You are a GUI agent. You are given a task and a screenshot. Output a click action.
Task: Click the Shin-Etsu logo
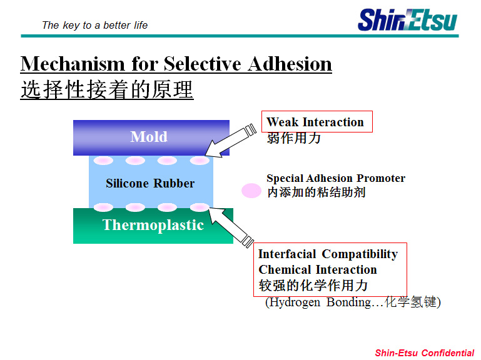pyautogui.click(x=407, y=20)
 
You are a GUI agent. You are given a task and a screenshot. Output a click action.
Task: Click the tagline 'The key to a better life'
pyautogui.click(x=95, y=25)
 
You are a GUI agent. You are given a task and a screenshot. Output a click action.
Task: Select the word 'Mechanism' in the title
pyautogui.click(x=73, y=64)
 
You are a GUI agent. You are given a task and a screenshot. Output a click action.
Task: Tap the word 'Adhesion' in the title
pyautogui.click(x=290, y=64)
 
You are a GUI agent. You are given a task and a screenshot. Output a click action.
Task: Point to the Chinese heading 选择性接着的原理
pyautogui.click(x=107, y=89)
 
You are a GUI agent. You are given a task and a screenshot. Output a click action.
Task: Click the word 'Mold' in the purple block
pyautogui.click(x=149, y=137)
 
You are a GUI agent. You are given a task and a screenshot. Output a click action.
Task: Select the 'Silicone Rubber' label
pyautogui.click(x=150, y=183)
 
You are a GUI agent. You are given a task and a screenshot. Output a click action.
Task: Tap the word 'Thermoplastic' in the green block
pyautogui.click(x=153, y=225)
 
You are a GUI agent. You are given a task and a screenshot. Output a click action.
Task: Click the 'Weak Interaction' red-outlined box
pyautogui.click(x=317, y=122)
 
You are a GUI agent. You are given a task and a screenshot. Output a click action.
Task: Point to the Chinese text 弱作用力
pyautogui.click(x=293, y=138)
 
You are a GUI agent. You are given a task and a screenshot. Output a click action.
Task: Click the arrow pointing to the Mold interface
pyautogui.click(x=230, y=141)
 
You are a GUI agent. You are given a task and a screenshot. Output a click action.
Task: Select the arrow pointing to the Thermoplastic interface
pyautogui.click(x=231, y=227)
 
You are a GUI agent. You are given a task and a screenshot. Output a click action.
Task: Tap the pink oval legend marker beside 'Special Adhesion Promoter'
pyautogui.click(x=251, y=191)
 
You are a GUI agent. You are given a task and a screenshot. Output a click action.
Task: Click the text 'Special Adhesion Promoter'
pyautogui.click(x=336, y=178)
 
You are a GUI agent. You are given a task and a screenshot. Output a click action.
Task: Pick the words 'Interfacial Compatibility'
pyautogui.click(x=328, y=254)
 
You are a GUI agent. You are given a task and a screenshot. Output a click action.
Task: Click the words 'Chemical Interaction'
pyautogui.click(x=318, y=269)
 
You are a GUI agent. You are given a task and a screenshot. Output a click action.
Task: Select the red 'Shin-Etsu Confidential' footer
pyautogui.click(x=425, y=353)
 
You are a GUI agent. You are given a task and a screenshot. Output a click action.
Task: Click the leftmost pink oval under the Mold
pyautogui.click(x=103, y=161)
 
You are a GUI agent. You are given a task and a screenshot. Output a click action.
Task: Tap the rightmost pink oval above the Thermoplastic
pyautogui.click(x=200, y=207)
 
